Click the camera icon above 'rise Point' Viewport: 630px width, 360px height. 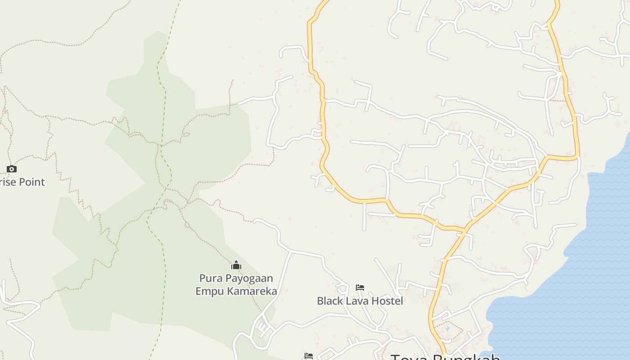tap(12, 169)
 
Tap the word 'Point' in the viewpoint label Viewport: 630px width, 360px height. tap(31, 182)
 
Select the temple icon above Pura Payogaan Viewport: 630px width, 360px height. tap(236, 265)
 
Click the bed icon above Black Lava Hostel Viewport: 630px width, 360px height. tap(360, 288)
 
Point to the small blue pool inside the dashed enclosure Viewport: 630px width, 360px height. tap(447, 329)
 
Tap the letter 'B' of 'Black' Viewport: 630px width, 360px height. tap(320, 301)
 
